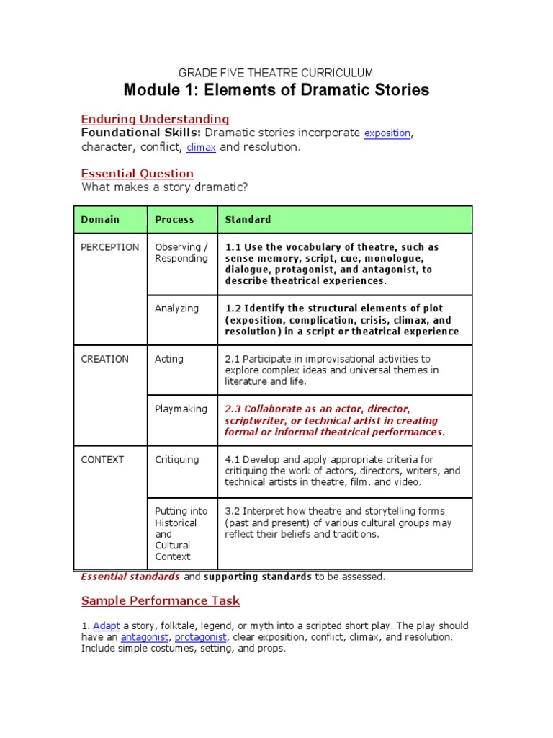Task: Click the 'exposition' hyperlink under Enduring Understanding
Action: pyautogui.click(x=387, y=133)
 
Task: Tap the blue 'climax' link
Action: pyautogui.click(x=201, y=148)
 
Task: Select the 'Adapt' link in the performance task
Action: pyautogui.click(x=107, y=626)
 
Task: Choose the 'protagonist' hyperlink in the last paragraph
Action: pyautogui.click(x=201, y=637)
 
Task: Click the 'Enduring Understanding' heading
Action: pyautogui.click(x=155, y=119)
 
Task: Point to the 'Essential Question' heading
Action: pyautogui.click(x=138, y=173)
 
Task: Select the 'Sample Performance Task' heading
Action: pyautogui.click(x=161, y=600)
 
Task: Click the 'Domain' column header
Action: pyautogui.click(x=100, y=219)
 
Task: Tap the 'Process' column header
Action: pyautogui.click(x=174, y=219)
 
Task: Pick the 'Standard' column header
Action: pyautogui.click(x=248, y=219)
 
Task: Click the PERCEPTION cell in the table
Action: pyautogui.click(x=110, y=247)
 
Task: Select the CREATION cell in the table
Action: pyautogui.click(x=105, y=359)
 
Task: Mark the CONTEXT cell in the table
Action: pyautogui.click(x=103, y=459)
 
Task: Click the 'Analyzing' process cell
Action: pyautogui.click(x=176, y=308)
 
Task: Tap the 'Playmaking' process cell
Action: pyautogui.click(x=181, y=409)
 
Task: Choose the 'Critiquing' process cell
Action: pyautogui.click(x=177, y=459)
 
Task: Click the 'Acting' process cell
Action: pyautogui.click(x=169, y=359)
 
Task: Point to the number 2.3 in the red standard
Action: pyautogui.click(x=233, y=409)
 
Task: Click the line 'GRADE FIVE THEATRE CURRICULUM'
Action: pyautogui.click(x=276, y=73)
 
